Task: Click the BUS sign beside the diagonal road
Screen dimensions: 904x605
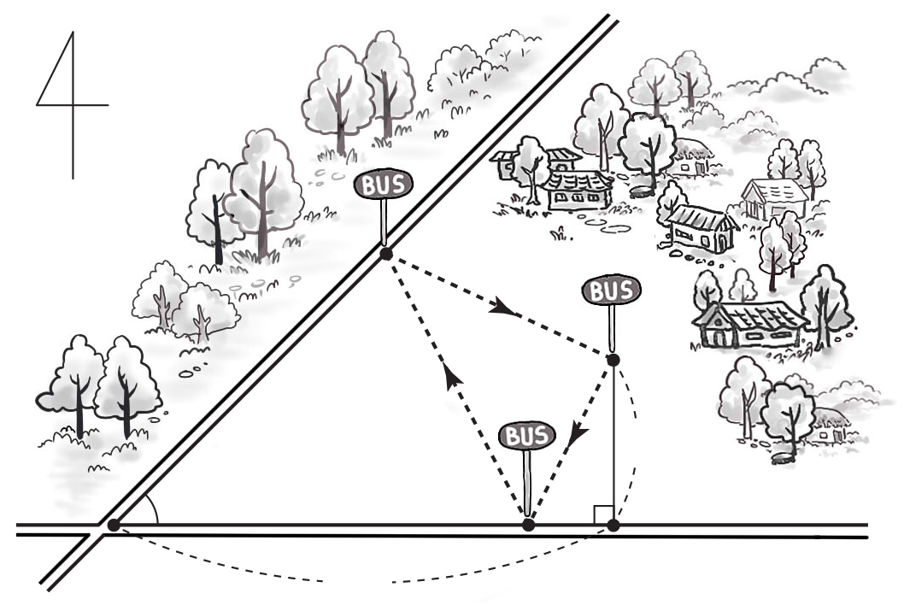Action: [x=384, y=185]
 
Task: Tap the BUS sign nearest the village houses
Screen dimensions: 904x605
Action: [x=611, y=291]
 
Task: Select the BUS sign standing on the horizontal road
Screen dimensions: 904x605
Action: [x=527, y=436]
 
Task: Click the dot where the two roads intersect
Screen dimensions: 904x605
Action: [x=114, y=525]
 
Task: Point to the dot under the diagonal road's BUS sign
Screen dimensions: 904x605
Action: [x=385, y=254]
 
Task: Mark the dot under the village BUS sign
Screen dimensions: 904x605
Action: [x=613, y=360]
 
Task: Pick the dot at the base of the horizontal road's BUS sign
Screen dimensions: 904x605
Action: [x=528, y=525]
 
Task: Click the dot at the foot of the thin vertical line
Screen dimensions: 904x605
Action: [x=613, y=526]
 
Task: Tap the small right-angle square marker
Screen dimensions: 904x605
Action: [x=603, y=514]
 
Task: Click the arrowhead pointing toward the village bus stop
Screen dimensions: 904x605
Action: [x=502, y=308]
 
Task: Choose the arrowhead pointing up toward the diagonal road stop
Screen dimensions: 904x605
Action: [x=454, y=378]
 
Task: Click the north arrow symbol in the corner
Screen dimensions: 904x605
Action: [x=73, y=105]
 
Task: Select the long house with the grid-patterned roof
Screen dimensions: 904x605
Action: [x=749, y=324]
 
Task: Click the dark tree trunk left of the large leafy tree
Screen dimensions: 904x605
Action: [x=218, y=230]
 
